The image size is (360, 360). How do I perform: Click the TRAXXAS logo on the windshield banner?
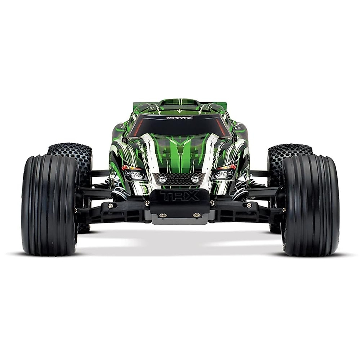tap(180, 118)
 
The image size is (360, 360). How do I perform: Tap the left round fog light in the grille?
tap(163, 179)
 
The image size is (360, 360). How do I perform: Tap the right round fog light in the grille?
tap(195, 179)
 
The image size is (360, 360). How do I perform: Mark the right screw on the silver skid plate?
tap(196, 215)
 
